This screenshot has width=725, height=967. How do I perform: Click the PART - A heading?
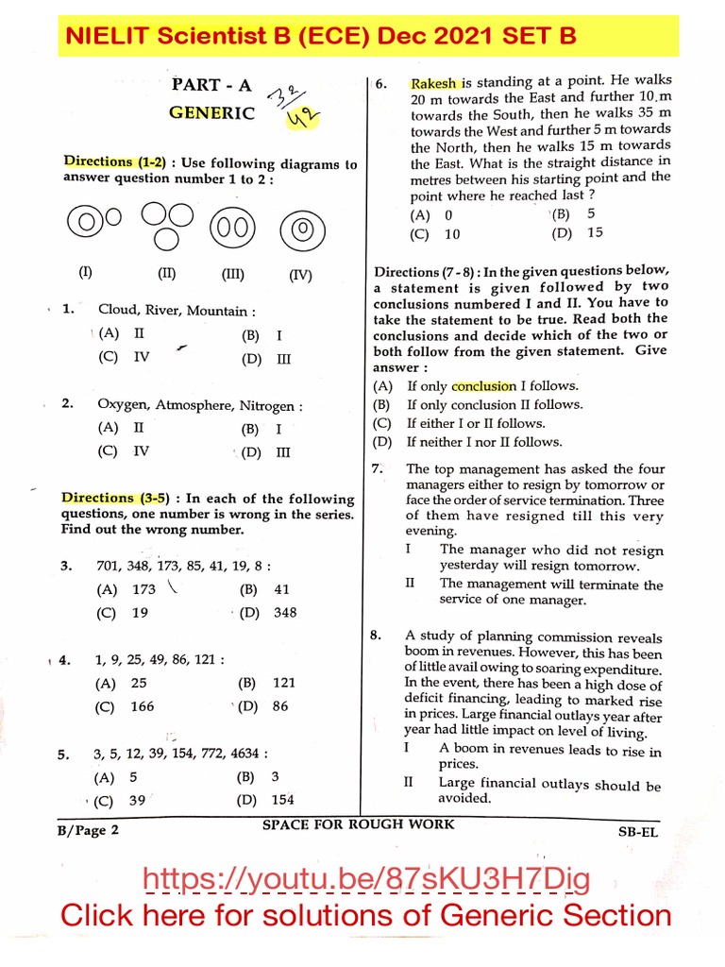[211, 85]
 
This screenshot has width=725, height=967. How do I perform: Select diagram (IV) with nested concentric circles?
[301, 228]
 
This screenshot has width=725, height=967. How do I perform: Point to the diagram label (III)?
[232, 276]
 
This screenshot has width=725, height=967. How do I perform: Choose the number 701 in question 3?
[110, 566]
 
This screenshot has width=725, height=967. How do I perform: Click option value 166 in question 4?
[143, 706]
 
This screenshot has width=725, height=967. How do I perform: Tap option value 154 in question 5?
[282, 800]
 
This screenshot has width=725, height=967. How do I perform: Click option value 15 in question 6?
[595, 232]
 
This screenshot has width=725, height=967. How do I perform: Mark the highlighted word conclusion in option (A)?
[483, 385]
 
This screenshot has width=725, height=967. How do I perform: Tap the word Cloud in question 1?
[118, 310]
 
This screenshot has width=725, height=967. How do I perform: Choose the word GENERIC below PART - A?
[211, 113]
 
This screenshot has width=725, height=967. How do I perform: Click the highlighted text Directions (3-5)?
[105, 498]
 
